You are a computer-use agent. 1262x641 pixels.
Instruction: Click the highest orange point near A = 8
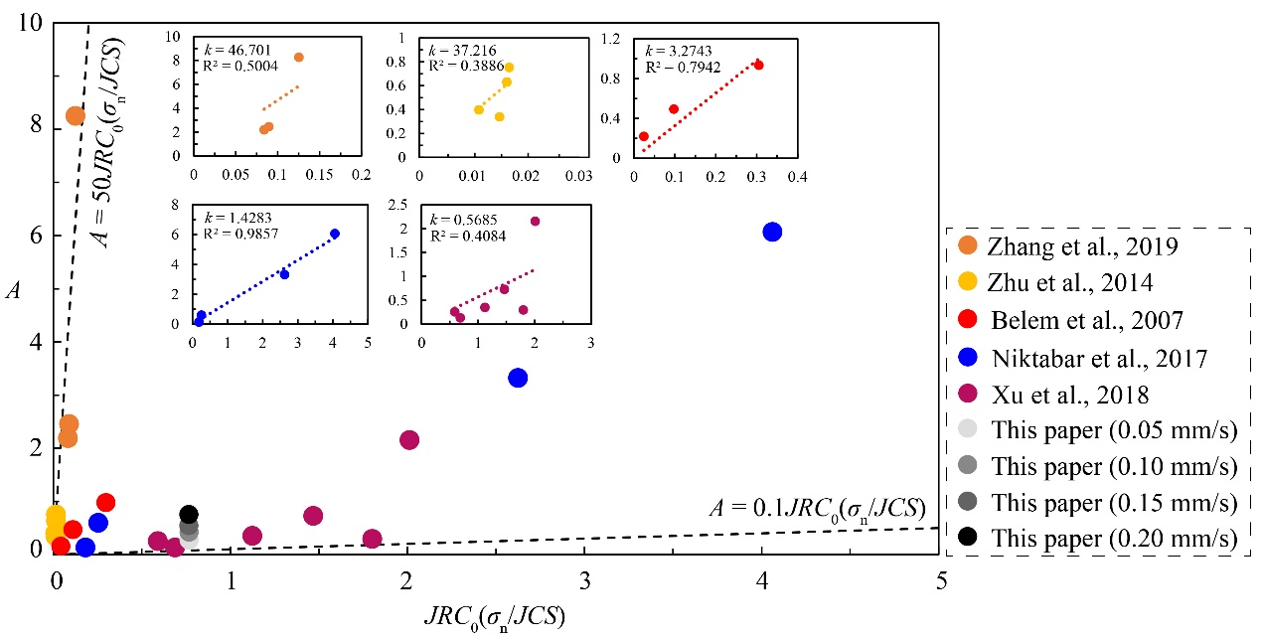pyautogui.click(x=76, y=116)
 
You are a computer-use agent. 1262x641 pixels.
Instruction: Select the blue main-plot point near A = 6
pyautogui.click(x=772, y=232)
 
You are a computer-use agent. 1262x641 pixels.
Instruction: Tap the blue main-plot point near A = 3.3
pyautogui.click(x=518, y=378)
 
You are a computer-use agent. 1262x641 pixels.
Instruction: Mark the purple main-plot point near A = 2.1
pyautogui.click(x=409, y=439)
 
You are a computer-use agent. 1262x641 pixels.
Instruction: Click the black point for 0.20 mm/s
pyautogui.click(x=189, y=514)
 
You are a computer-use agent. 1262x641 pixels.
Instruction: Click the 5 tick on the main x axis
pyautogui.click(x=940, y=579)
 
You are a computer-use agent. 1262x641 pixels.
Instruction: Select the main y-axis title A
pyautogui.click(x=12, y=289)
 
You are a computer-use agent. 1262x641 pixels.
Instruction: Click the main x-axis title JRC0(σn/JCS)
pyautogui.click(x=494, y=617)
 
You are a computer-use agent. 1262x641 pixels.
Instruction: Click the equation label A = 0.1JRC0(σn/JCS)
pyautogui.click(x=817, y=509)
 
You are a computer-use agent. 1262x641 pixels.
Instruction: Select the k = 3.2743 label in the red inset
pyautogui.click(x=679, y=51)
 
